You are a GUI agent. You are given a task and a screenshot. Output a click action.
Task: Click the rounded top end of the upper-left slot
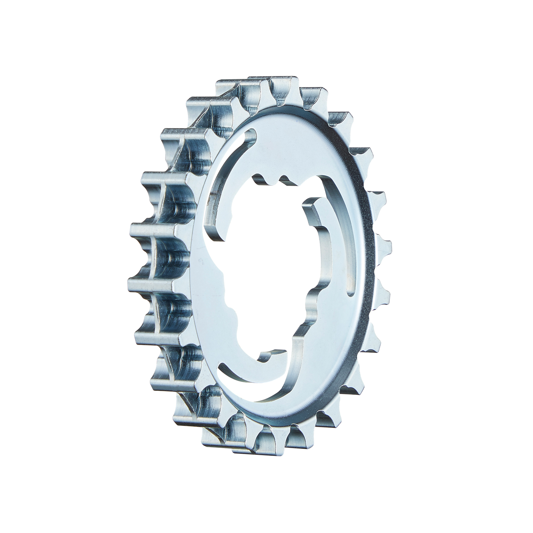(x=253, y=134)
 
